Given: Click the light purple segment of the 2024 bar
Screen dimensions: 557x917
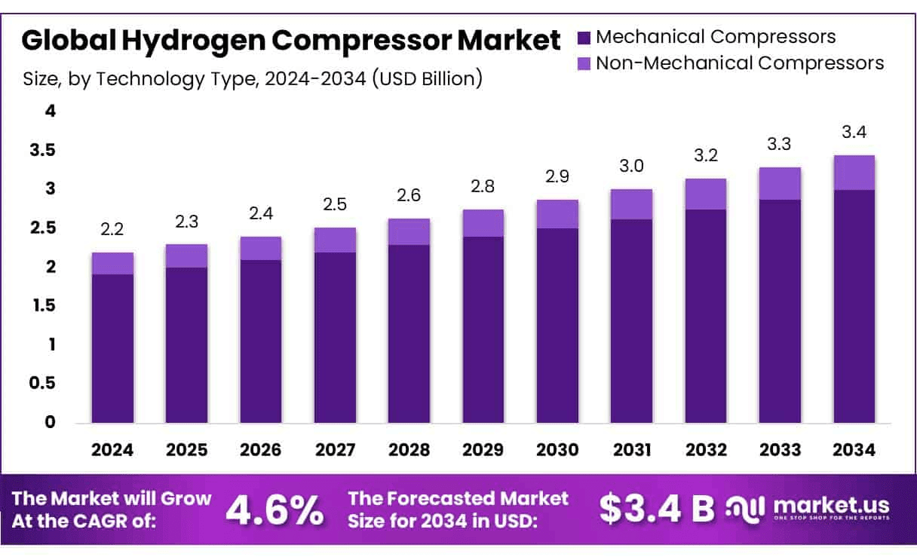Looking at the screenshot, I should [x=112, y=263].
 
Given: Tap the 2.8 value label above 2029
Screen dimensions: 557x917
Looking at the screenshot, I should [x=483, y=187].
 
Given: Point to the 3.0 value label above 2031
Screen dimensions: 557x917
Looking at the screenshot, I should [x=632, y=167].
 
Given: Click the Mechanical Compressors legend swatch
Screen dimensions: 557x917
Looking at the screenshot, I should [x=584, y=37].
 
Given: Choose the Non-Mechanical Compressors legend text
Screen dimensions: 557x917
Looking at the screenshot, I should [x=740, y=63].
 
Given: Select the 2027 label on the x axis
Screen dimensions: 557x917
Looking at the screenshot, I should [x=335, y=450].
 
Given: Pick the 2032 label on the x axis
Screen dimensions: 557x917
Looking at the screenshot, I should [x=706, y=450].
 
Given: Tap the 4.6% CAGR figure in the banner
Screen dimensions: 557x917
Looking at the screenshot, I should [x=274, y=510].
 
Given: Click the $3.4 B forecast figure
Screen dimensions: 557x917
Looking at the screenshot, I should [x=656, y=510].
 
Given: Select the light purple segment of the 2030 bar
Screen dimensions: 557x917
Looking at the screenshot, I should [x=557, y=214].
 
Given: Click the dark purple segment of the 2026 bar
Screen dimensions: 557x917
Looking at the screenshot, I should [x=261, y=341].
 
